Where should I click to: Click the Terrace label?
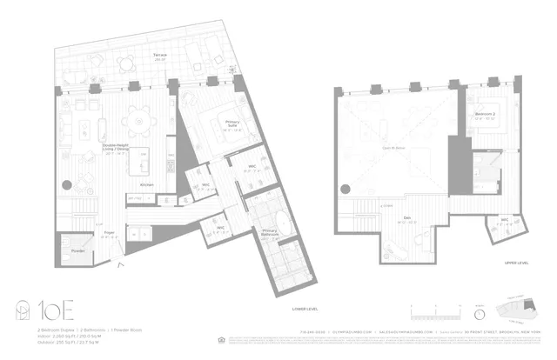coord(160,55)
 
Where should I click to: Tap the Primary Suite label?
coord(232,125)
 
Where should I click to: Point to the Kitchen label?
coord(146,185)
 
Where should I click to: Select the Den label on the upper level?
coord(406,218)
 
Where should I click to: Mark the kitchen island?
coord(147,162)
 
